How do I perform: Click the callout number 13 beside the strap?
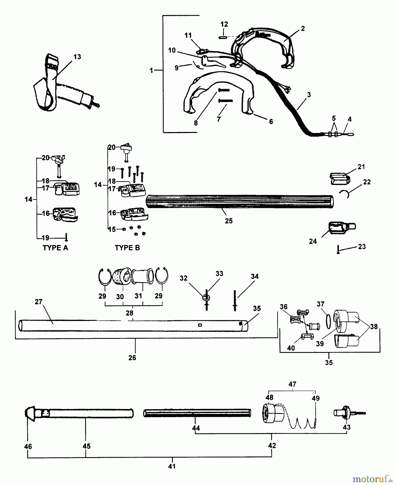(x=77, y=57)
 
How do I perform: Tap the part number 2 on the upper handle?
(x=303, y=29)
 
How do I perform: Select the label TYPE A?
(x=55, y=248)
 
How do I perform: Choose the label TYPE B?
(x=127, y=248)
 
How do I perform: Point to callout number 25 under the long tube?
(x=229, y=221)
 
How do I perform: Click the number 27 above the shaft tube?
(x=39, y=302)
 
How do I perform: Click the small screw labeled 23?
(x=338, y=249)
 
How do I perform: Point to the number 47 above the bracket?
(x=292, y=384)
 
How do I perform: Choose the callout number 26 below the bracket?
(x=132, y=358)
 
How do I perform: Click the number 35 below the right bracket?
(x=329, y=363)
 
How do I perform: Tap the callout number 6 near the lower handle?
(x=271, y=122)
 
